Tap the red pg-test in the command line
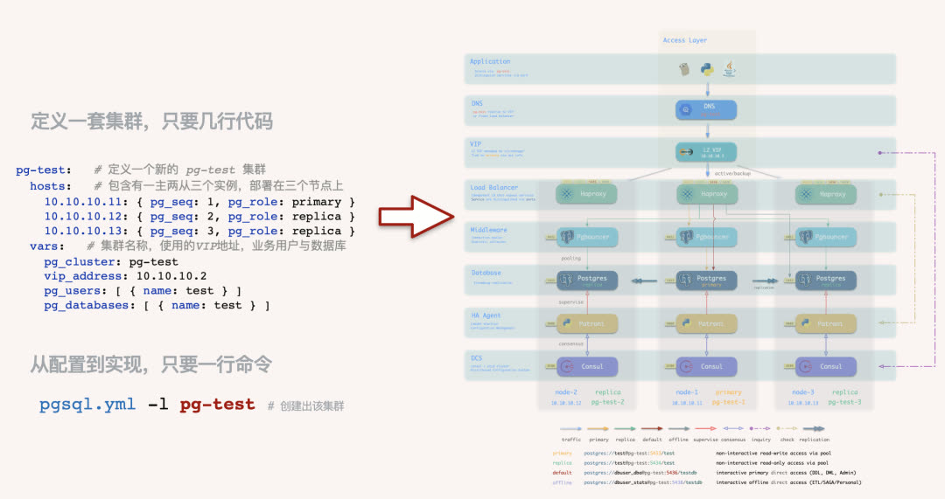point(217,405)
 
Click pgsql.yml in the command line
point(86,405)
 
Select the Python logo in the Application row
point(707,69)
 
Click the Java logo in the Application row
point(728,69)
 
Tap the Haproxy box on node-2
point(588,194)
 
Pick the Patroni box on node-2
point(588,323)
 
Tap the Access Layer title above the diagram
point(685,40)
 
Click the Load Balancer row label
point(494,187)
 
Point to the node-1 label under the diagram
point(687,392)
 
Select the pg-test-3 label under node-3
point(844,402)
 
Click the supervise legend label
point(705,440)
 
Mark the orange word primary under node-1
point(728,392)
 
